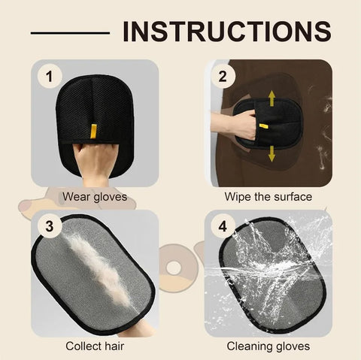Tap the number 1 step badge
click(x=49, y=76)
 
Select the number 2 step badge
click(x=222, y=76)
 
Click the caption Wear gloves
click(x=94, y=197)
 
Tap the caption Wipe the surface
click(x=268, y=197)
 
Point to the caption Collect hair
click(x=94, y=346)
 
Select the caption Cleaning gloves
click(x=268, y=346)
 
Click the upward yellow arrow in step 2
click(x=272, y=96)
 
